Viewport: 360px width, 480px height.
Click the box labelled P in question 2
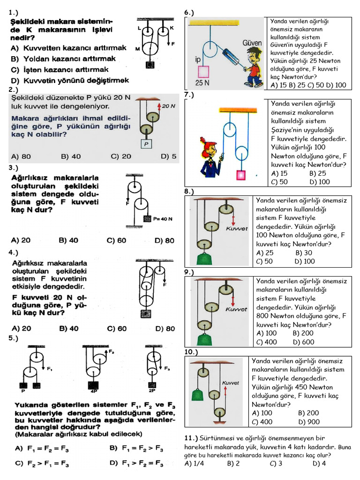(x=146, y=144)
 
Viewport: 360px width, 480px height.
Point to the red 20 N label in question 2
(x=168, y=106)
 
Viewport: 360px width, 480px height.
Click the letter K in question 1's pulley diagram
(x=172, y=28)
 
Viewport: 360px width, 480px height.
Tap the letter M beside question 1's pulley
(x=137, y=49)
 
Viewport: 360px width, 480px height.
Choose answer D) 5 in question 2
(x=168, y=157)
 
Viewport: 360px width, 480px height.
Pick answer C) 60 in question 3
(x=117, y=240)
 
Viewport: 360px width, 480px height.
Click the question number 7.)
(x=189, y=95)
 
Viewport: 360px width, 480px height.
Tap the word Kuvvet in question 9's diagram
(x=236, y=309)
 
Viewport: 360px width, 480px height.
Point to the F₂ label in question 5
(x=111, y=351)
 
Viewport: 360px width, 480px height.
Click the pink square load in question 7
(x=241, y=175)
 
